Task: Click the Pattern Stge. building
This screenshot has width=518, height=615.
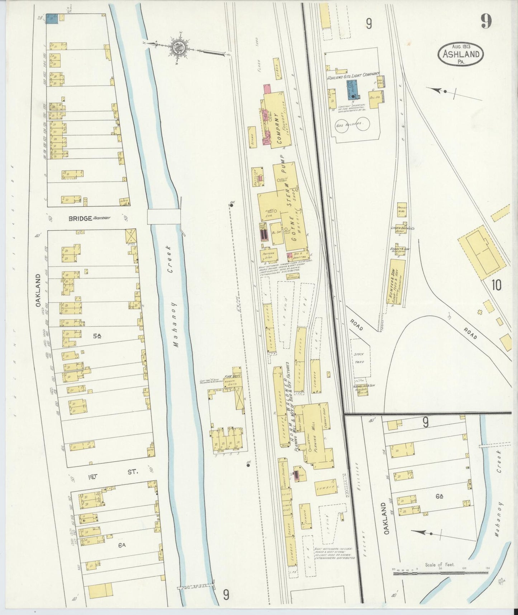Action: [269, 255]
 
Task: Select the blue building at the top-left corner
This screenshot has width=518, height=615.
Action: [53, 19]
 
